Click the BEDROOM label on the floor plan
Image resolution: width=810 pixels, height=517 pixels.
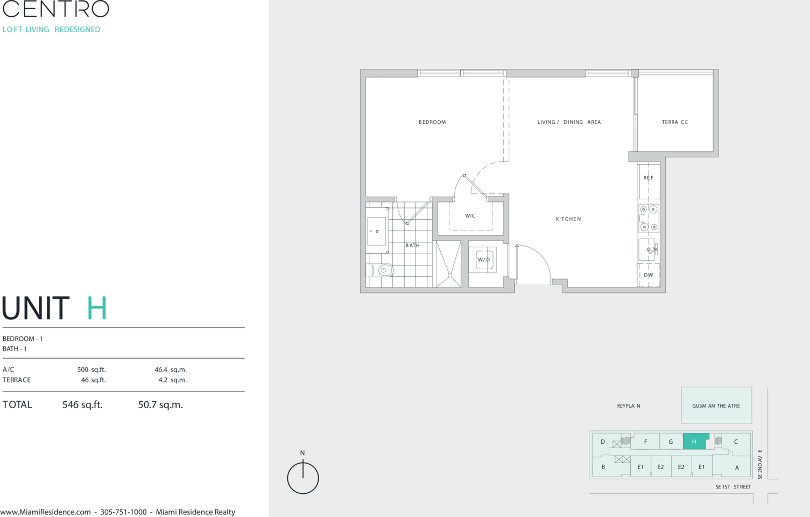[432, 122]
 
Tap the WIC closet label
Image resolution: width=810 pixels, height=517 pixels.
[470, 215]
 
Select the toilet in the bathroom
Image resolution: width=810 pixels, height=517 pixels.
[384, 270]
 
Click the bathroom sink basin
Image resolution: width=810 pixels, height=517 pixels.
[376, 231]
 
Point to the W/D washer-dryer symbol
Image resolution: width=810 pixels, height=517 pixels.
[484, 260]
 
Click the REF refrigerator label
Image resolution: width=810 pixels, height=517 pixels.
[649, 178]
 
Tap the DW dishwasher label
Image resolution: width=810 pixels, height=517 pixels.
[649, 275]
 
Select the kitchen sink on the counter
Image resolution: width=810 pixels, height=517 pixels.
[647, 249]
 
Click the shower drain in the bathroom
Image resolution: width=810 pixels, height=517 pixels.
[450, 275]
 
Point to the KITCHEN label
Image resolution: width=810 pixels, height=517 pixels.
[568, 219]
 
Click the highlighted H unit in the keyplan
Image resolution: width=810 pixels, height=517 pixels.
[694, 442]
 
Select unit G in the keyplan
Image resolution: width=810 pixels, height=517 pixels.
[671, 442]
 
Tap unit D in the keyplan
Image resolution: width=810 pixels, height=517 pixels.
[603, 442]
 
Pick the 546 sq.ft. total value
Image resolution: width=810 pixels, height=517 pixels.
[82, 404]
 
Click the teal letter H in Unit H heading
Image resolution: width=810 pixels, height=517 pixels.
[97, 308]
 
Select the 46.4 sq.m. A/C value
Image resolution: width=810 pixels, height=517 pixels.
[171, 369]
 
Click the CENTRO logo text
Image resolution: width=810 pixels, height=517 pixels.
[55, 9]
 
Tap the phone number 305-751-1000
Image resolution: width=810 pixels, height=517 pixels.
[123, 512]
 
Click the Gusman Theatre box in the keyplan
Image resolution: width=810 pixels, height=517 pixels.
[716, 405]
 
